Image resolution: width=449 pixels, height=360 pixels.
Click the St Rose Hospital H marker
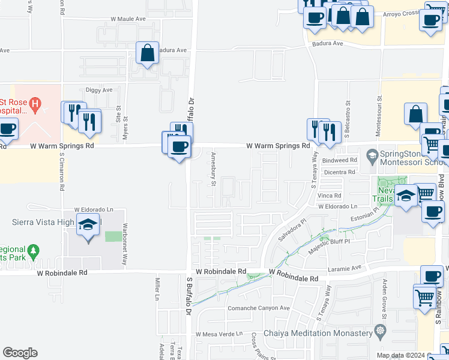pos(35,104)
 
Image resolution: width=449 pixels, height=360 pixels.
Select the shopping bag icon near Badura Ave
pos(147,53)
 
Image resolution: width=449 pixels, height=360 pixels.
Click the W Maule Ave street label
pos(128,19)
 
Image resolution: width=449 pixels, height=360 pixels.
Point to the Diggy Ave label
pos(99,91)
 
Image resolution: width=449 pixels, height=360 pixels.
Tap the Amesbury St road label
pos(213,169)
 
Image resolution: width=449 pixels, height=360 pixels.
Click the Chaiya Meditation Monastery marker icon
pos(379,331)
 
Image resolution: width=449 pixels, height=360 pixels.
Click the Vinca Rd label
pos(330,196)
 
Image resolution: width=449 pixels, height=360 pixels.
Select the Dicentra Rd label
pos(339,172)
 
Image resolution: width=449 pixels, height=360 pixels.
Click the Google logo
pos(20,353)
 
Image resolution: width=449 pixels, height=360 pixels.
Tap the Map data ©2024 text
pos(400,355)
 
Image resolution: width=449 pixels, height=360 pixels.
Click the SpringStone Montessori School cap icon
pos(372,155)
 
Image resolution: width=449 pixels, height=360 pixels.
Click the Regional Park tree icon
pos(34,249)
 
